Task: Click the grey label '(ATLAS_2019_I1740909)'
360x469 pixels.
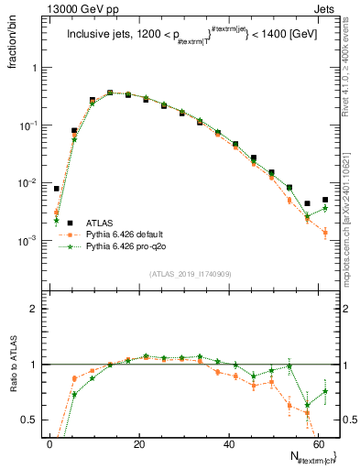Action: click(x=190, y=275)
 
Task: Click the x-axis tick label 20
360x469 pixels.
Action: click(x=139, y=442)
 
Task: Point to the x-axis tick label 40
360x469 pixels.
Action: click(x=228, y=442)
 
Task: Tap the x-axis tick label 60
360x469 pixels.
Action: click(x=318, y=442)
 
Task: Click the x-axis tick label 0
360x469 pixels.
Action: click(x=49, y=442)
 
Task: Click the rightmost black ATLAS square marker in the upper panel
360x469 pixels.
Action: click(x=325, y=200)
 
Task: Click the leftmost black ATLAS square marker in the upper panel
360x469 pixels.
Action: click(x=56, y=189)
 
